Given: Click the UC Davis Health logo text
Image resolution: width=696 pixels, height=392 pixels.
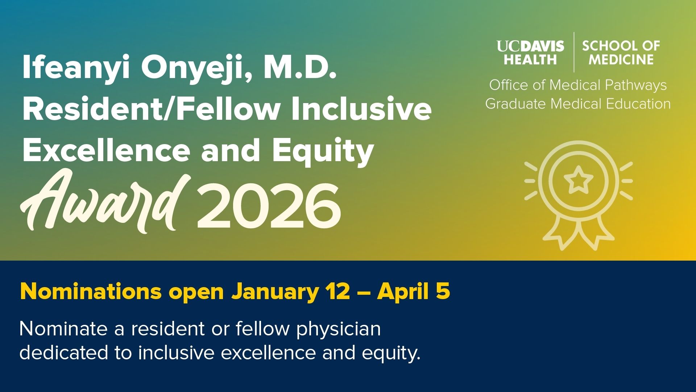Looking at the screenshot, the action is point(530,53).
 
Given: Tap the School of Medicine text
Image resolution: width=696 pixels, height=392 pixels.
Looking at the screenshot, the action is point(621,53).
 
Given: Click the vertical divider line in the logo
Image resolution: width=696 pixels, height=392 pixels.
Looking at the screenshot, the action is point(574,52).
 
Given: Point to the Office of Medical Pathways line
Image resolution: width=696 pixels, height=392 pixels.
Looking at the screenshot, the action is point(578,85).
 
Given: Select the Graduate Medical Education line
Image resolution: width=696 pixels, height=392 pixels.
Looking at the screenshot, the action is point(578,104).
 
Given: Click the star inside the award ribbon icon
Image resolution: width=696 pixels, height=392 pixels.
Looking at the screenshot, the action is point(578,179).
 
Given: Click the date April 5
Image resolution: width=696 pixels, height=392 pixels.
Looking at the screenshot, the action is point(414,292).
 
